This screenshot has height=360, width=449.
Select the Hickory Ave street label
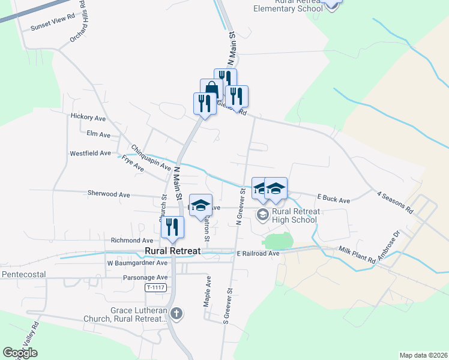88,116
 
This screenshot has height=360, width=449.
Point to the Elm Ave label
98,134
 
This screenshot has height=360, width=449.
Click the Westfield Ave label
90,153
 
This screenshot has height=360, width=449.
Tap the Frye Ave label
133,164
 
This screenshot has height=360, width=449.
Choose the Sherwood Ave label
109,194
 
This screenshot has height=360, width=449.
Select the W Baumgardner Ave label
137,263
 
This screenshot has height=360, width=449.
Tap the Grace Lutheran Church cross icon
176,313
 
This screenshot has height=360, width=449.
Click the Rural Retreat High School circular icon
263,214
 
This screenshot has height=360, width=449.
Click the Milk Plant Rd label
357,253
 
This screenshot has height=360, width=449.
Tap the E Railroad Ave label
258,253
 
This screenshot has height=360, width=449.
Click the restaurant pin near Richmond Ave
172,226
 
